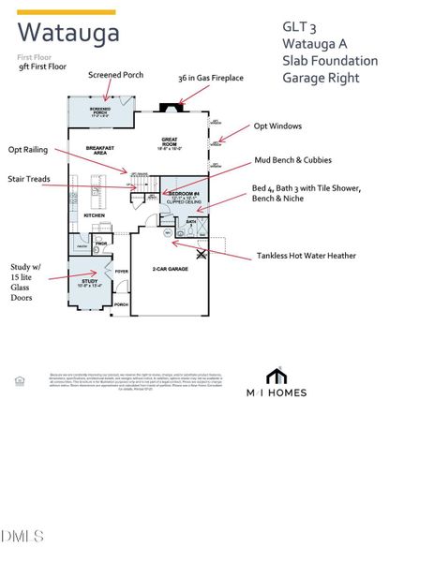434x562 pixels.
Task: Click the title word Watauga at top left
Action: (x=68, y=34)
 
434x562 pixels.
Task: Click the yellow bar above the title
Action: (x=67, y=12)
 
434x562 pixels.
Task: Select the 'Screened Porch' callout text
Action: (x=115, y=75)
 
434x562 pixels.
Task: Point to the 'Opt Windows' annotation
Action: (x=279, y=126)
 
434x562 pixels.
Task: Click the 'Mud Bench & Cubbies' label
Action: (x=294, y=161)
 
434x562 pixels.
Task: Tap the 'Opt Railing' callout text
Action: (x=29, y=149)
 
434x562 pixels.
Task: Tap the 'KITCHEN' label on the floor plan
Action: (x=95, y=215)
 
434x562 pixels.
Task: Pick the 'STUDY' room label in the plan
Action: (x=89, y=280)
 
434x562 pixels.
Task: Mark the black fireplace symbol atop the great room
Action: (x=170, y=107)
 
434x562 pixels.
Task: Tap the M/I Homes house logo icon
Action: (x=276, y=376)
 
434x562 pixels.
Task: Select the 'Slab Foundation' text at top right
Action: (x=330, y=61)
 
